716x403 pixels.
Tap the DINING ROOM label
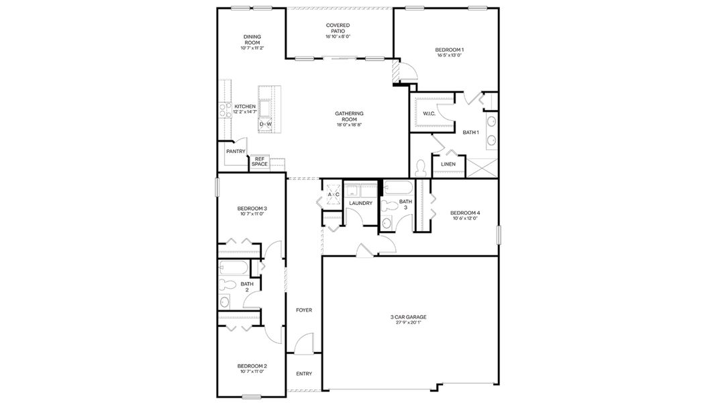pos(252,40)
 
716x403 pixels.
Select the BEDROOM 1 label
pos(449,50)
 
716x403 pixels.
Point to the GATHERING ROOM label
pos(349,116)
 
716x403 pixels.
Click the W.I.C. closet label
pos(429,114)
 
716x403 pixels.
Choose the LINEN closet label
pos(448,164)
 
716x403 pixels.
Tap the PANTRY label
pos(236,152)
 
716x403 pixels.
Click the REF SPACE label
pos(260,162)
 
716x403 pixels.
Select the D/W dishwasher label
pos(266,124)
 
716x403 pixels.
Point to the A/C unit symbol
pos(334,195)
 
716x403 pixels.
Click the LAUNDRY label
pos(360,203)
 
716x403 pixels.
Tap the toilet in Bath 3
pos(387,223)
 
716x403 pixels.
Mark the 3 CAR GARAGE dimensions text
pos(408,322)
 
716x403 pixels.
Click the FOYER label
pos(304,310)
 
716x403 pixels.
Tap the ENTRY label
pos(304,374)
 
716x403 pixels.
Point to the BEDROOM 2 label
pos(252,366)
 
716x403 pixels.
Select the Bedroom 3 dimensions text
pos(252,214)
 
